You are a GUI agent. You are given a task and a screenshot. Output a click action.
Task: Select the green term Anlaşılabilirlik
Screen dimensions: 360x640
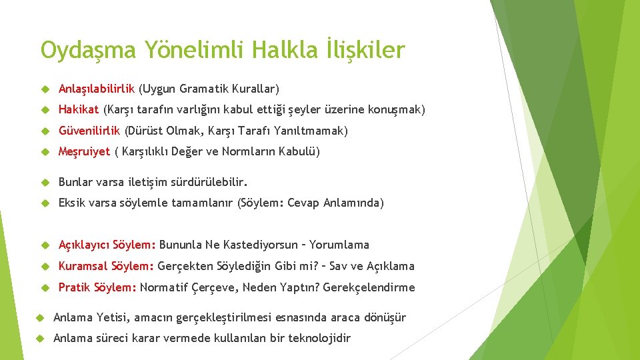click(97, 89)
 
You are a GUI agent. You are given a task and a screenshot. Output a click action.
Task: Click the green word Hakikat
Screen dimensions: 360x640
click(79, 109)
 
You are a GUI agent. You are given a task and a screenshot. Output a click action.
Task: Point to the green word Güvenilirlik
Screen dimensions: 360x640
click(89, 131)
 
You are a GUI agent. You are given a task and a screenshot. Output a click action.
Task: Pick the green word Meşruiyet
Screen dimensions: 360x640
click(84, 152)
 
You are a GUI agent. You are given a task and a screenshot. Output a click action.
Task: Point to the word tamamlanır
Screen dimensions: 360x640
click(202, 203)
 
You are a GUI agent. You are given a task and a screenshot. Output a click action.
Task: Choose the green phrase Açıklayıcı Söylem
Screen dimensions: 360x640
click(107, 245)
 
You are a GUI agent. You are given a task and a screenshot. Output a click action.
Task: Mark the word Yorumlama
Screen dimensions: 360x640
click(339, 245)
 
